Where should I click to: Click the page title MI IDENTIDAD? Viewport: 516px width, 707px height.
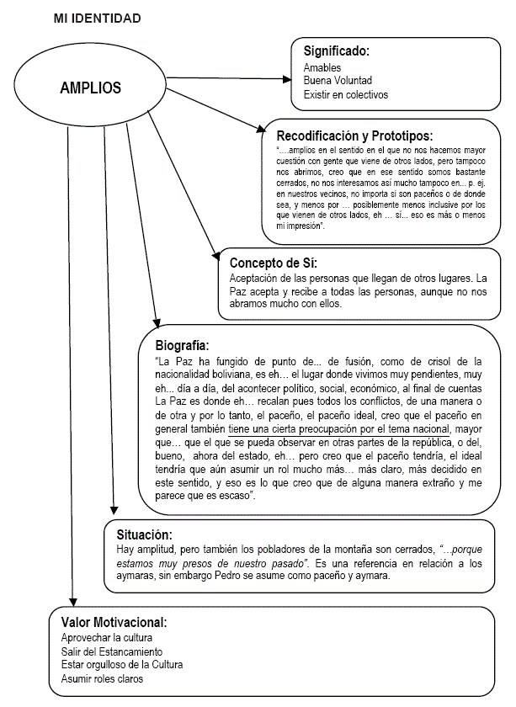click(96, 17)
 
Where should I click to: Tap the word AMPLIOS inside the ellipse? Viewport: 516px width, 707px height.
click(90, 88)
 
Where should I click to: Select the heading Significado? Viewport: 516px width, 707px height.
click(337, 51)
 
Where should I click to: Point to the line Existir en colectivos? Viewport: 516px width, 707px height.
click(346, 95)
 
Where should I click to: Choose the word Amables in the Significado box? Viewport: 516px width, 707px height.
click(323, 67)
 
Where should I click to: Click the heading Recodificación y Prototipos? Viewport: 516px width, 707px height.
click(354, 135)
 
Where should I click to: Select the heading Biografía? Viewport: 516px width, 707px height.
click(182, 345)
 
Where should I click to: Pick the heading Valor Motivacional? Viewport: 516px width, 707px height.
click(114, 622)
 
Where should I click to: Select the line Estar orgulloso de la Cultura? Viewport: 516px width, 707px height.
click(122, 665)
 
